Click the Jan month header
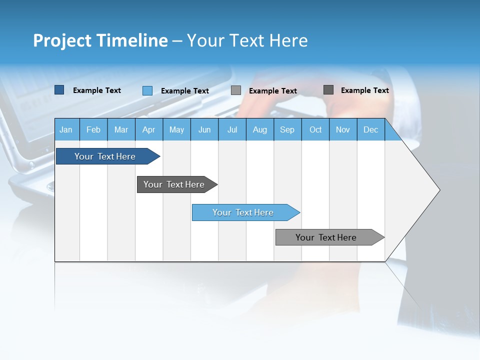coord(66,129)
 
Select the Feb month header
coord(93,129)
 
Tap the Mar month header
coord(121,129)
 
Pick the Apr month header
coord(149,129)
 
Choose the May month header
coord(176,129)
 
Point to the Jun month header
coord(204,129)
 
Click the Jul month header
coord(232,129)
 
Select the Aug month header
coord(260,129)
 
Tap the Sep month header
coord(287,129)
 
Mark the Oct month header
coord(315,129)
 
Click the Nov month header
coord(343,129)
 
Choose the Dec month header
coord(371,129)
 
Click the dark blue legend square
coord(59,90)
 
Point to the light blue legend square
coord(147,90)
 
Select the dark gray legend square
coord(328,90)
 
